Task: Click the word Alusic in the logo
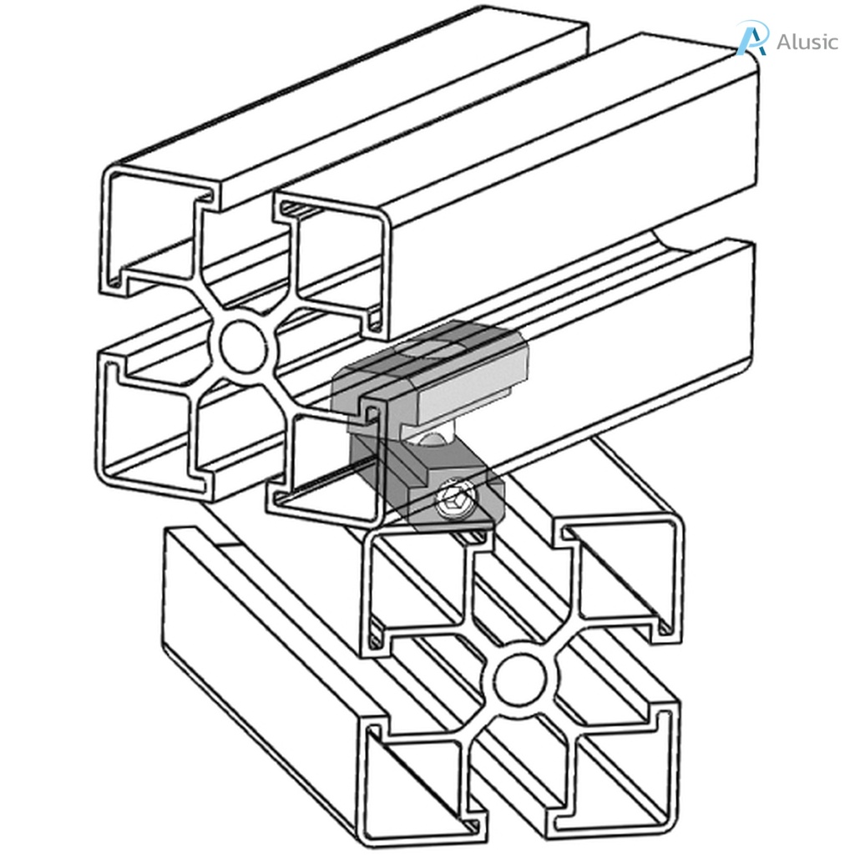pos(807,42)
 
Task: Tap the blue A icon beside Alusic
pos(751,38)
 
